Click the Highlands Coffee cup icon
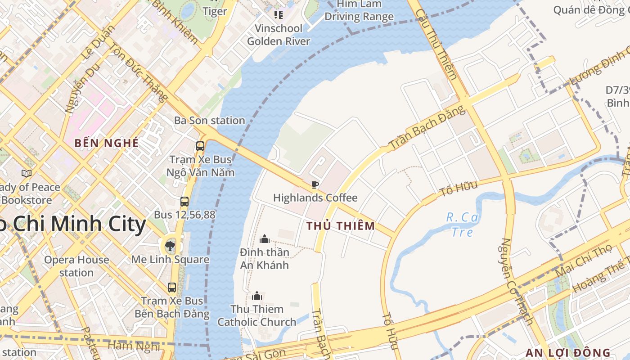coord(315,184)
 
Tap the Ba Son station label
coord(210,121)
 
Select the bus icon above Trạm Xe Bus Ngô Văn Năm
coord(200,146)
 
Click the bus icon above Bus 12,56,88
coord(184,202)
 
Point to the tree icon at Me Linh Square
coord(170,246)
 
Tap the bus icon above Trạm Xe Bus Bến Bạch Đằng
coord(172,288)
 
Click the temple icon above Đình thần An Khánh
coord(265,238)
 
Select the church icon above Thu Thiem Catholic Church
coord(257,296)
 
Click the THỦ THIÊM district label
coord(341,226)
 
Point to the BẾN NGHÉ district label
coord(107,143)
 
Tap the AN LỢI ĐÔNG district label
coord(568,353)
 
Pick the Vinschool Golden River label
coord(279,35)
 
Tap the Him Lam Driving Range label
coord(359,10)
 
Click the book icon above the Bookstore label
coord(27,173)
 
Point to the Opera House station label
coord(76,266)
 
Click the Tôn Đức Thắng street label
coord(138,72)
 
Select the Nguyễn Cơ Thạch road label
coord(517,281)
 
